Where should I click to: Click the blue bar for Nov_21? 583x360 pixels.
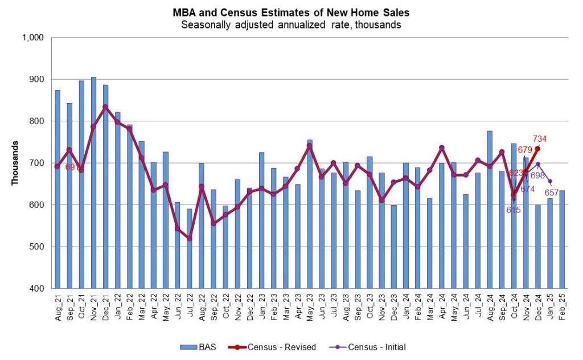click(x=93, y=182)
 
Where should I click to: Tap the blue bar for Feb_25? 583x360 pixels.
click(x=562, y=239)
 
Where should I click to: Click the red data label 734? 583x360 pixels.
click(x=540, y=138)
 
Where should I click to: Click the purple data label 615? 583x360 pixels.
click(x=514, y=210)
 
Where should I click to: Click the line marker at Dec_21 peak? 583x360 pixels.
click(x=105, y=107)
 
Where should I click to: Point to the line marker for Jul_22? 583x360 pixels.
click(x=190, y=239)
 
